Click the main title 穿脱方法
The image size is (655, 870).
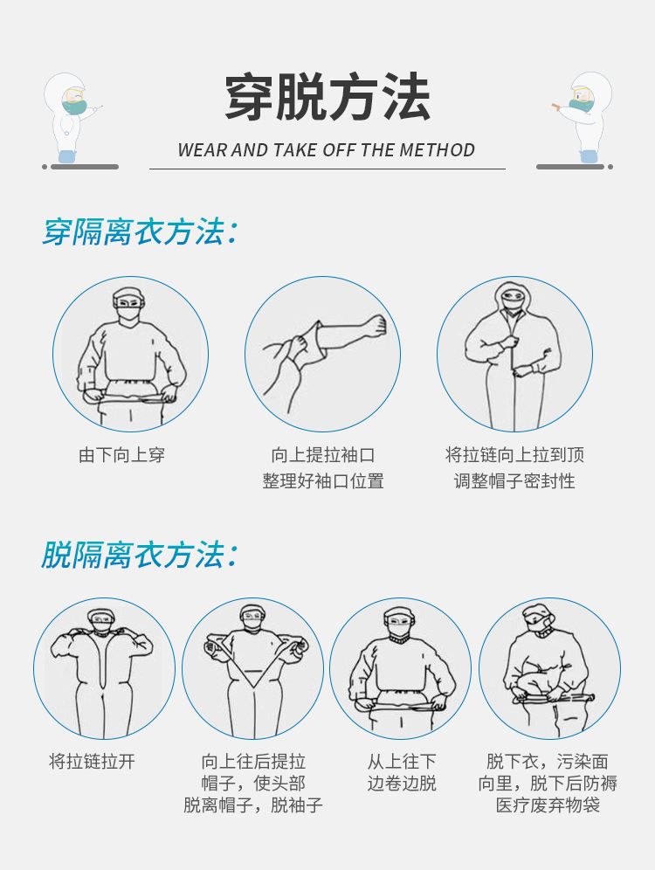point(327,98)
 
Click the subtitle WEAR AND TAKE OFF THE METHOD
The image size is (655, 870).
point(326,150)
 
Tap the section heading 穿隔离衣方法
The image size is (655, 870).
point(140,232)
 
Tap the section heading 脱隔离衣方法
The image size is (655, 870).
point(140,555)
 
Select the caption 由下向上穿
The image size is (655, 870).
point(122,455)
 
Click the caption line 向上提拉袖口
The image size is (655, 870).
point(323,455)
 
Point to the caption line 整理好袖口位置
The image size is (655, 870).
point(323,480)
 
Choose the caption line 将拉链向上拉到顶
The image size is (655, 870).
point(514,455)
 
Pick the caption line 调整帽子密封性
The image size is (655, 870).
point(514,480)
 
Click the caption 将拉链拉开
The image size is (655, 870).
point(92,762)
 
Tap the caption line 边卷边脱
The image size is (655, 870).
point(402,784)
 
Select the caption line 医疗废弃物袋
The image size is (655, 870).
point(548,805)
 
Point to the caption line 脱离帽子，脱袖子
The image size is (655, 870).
point(253,805)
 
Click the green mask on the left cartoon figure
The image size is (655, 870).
point(74,107)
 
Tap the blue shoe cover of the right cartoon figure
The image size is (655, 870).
point(589,155)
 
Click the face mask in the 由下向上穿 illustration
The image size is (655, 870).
point(128,313)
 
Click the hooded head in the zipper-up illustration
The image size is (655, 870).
point(513,299)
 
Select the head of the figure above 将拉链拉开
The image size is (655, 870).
point(101,621)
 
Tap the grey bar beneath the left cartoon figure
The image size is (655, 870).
point(85,167)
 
